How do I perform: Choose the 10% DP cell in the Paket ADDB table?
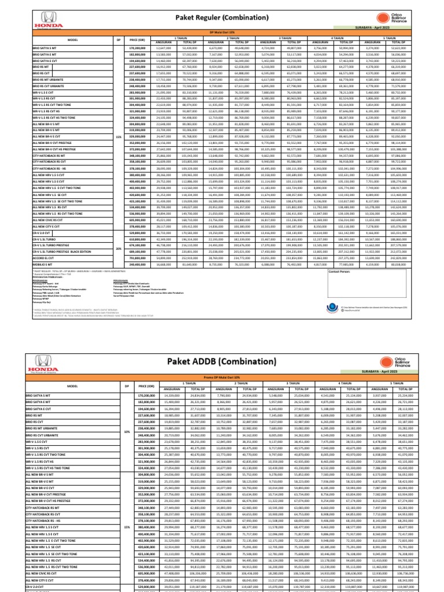119,431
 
